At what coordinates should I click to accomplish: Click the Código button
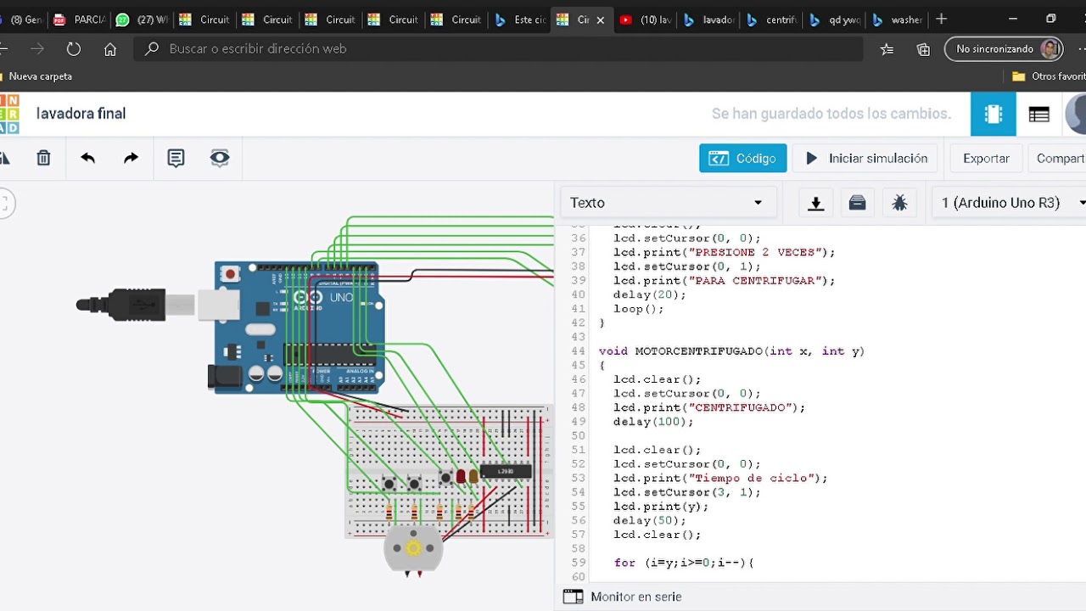click(743, 159)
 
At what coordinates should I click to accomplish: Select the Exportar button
click(986, 159)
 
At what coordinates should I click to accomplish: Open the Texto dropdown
click(667, 203)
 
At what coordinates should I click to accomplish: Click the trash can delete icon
click(43, 158)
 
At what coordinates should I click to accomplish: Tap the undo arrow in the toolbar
click(87, 158)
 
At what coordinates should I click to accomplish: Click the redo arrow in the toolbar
click(131, 158)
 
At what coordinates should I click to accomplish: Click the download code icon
click(815, 203)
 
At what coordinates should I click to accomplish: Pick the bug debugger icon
click(899, 203)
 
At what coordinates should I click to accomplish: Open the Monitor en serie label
click(635, 597)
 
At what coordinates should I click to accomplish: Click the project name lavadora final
click(81, 114)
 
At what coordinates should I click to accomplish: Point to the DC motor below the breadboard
click(413, 549)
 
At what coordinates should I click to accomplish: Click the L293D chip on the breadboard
click(506, 471)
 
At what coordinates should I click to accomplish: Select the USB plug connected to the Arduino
click(136, 305)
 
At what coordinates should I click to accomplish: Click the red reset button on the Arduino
click(229, 274)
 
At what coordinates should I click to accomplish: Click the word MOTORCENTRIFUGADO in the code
click(698, 351)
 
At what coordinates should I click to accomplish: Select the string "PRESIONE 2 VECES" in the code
click(760, 252)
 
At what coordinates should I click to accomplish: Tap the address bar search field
click(501, 49)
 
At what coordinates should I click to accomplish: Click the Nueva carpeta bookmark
click(40, 76)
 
